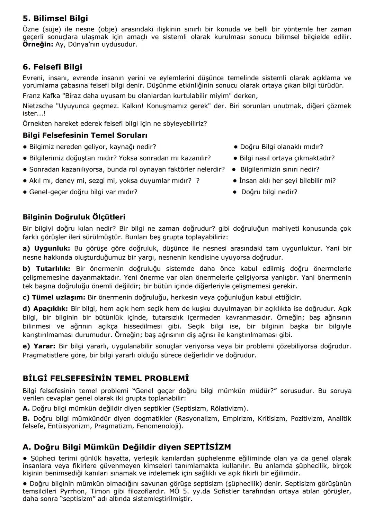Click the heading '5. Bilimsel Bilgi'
[55, 18]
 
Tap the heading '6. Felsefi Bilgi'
[52, 67]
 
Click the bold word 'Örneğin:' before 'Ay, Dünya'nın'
[38, 45]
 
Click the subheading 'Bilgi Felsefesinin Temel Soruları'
[85, 135]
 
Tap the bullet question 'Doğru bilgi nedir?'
[269, 192]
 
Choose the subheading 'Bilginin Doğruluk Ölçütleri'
[74, 217]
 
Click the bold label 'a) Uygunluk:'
[46, 248]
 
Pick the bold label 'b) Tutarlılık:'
[46, 269]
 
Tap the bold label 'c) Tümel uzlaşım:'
[54, 297]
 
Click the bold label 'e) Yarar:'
[39, 346]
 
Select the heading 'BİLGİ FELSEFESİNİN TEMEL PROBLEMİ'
[106, 378]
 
